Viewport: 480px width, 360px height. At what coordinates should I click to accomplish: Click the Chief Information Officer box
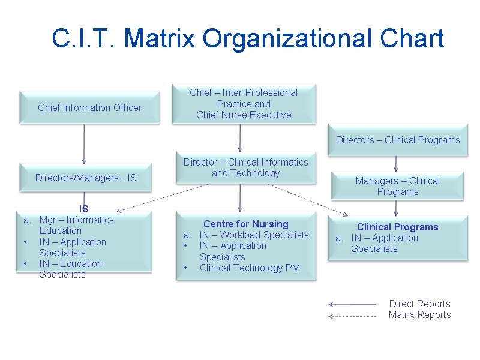click(x=89, y=108)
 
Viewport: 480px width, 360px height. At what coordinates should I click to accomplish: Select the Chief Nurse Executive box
click(x=244, y=104)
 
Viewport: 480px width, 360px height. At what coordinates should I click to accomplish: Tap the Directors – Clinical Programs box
click(x=397, y=140)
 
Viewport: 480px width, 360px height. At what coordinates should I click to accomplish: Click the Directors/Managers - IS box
click(x=86, y=178)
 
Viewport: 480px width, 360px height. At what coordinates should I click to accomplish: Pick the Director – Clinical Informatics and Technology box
click(x=245, y=167)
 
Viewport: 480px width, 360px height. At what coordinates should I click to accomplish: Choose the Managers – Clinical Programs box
click(x=397, y=186)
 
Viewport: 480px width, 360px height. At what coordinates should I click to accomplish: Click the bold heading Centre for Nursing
click(x=245, y=224)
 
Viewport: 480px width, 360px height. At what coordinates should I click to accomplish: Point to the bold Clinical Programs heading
click(x=397, y=227)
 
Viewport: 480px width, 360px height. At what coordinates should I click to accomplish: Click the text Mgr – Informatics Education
click(x=76, y=225)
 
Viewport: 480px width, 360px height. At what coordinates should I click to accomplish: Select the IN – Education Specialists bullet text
click(x=70, y=269)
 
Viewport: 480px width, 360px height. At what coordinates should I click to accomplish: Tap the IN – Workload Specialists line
click(x=254, y=235)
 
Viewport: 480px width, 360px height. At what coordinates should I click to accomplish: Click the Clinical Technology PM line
click(x=250, y=268)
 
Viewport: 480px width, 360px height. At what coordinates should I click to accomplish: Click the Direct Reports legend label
click(x=419, y=304)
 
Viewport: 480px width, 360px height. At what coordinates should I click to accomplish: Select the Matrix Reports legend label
click(x=419, y=314)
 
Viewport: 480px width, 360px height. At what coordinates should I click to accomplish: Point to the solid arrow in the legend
click(x=352, y=304)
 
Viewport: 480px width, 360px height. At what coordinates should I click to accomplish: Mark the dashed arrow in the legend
click(x=352, y=315)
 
